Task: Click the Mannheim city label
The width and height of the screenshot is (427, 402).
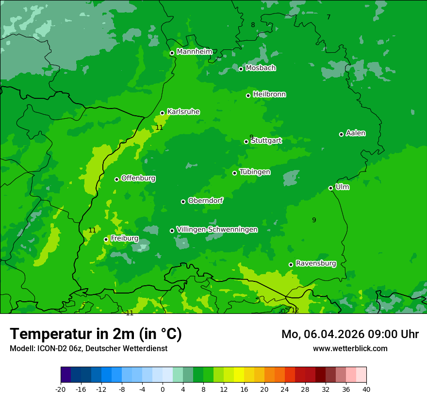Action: tap(194, 52)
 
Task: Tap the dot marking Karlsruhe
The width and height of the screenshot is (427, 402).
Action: tap(163, 113)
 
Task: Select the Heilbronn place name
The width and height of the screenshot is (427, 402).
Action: tap(269, 94)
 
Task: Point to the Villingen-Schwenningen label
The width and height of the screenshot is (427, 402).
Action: tap(217, 230)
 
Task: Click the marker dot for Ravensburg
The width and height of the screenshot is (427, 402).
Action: tap(291, 264)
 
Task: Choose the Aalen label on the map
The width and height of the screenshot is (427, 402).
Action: tap(356, 133)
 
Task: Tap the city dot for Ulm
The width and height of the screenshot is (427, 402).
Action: tap(331, 188)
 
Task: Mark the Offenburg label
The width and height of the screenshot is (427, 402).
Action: tap(138, 178)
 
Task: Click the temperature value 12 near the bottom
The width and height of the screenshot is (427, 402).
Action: tap(295, 310)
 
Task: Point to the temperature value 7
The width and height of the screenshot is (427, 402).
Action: tap(328, 17)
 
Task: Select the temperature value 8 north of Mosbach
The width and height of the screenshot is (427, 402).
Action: tap(253, 25)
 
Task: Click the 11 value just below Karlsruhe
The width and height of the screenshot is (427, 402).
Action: tap(159, 127)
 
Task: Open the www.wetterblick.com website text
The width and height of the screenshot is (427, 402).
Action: tap(350, 348)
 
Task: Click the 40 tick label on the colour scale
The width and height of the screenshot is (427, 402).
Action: tap(366, 389)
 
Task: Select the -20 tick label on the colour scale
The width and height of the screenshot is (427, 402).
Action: tap(60, 389)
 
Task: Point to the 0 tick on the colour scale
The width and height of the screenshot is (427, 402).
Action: tap(163, 389)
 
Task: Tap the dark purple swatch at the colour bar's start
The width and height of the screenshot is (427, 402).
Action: tap(66, 375)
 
